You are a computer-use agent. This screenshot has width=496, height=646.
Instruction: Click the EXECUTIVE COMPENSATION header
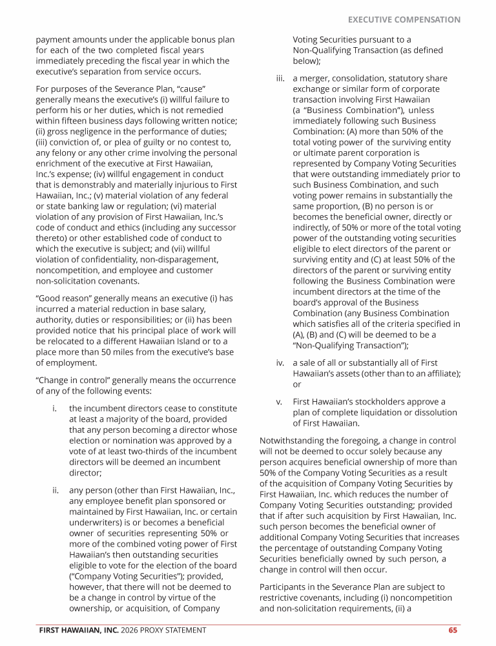coord(404,20)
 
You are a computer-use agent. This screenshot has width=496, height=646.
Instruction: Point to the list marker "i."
coord(56,408)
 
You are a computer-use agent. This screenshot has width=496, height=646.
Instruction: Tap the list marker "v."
coord(280,402)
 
